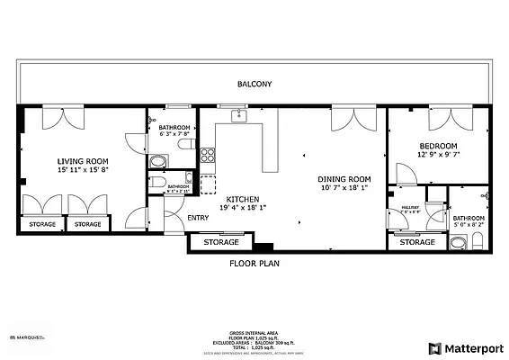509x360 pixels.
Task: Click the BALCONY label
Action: [x=254, y=84]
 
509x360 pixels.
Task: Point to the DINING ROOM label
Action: [x=345, y=178]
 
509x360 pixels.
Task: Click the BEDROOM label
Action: [x=438, y=146]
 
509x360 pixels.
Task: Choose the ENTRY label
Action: [x=198, y=218]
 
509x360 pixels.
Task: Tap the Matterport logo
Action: [x=466, y=347]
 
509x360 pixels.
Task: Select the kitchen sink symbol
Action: [x=238, y=116]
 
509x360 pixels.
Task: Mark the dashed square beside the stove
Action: [x=208, y=184]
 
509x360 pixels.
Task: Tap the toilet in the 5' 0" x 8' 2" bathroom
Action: [x=477, y=239]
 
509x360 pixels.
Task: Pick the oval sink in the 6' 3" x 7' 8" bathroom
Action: [x=157, y=162]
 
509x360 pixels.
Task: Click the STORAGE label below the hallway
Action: [x=416, y=242]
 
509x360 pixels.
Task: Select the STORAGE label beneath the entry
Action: [x=221, y=242]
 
